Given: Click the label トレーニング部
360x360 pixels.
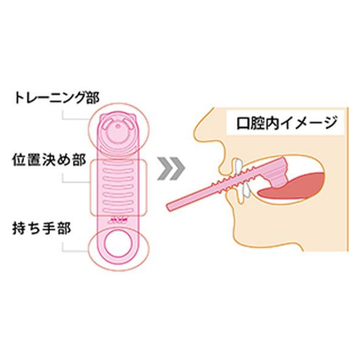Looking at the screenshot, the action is (57, 98).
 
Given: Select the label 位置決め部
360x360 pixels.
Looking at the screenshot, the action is (49, 160).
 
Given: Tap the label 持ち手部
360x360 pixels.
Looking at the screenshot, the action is (42, 228).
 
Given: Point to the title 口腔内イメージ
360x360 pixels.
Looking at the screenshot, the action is (287, 123).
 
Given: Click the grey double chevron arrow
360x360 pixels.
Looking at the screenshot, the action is (171, 169).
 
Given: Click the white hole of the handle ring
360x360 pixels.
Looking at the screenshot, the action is (117, 243).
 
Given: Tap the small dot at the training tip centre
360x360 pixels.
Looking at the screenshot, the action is (117, 126).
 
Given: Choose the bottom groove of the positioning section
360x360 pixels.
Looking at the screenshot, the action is (117, 210).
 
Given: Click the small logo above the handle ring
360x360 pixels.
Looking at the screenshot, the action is (117, 222).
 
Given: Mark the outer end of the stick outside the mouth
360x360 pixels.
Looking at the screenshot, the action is (169, 207).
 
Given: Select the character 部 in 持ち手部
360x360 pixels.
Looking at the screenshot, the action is (64, 228).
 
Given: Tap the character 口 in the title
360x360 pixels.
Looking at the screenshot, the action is (243, 123).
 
